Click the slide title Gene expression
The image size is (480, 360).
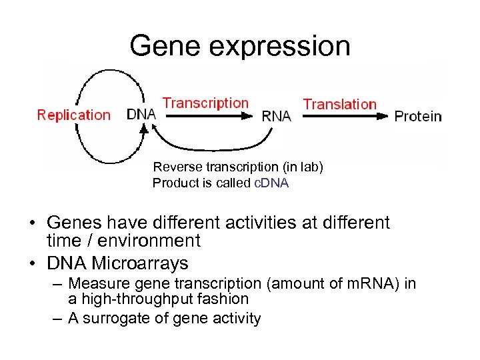click(239, 45)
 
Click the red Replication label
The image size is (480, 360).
click(73, 115)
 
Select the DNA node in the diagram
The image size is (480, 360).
click(141, 114)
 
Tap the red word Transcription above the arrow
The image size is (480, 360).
click(205, 103)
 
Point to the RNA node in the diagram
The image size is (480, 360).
click(276, 116)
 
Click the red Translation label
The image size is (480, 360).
click(339, 105)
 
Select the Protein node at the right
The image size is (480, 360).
click(418, 116)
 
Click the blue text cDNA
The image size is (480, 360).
click(271, 183)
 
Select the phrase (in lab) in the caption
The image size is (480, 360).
click(299, 167)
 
